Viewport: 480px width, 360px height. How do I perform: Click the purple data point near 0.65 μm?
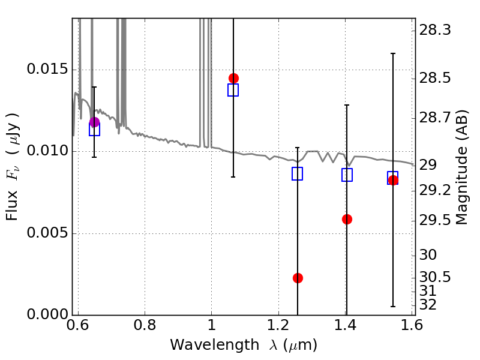(94, 122)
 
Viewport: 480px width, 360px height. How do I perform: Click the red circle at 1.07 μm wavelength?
(233, 79)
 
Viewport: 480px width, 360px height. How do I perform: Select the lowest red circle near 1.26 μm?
(298, 278)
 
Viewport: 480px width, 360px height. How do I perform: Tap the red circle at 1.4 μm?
(347, 219)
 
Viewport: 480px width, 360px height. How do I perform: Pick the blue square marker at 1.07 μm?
(233, 90)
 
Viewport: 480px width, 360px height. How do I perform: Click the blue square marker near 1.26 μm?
(297, 173)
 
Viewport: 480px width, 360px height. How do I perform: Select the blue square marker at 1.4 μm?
(347, 175)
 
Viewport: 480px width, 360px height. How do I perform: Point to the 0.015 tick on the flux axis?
(46, 70)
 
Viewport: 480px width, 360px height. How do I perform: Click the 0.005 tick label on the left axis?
(46, 233)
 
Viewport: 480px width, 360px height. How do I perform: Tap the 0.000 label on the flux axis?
(46, 315)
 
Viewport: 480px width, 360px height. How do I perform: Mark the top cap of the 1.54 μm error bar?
(392, 53)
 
